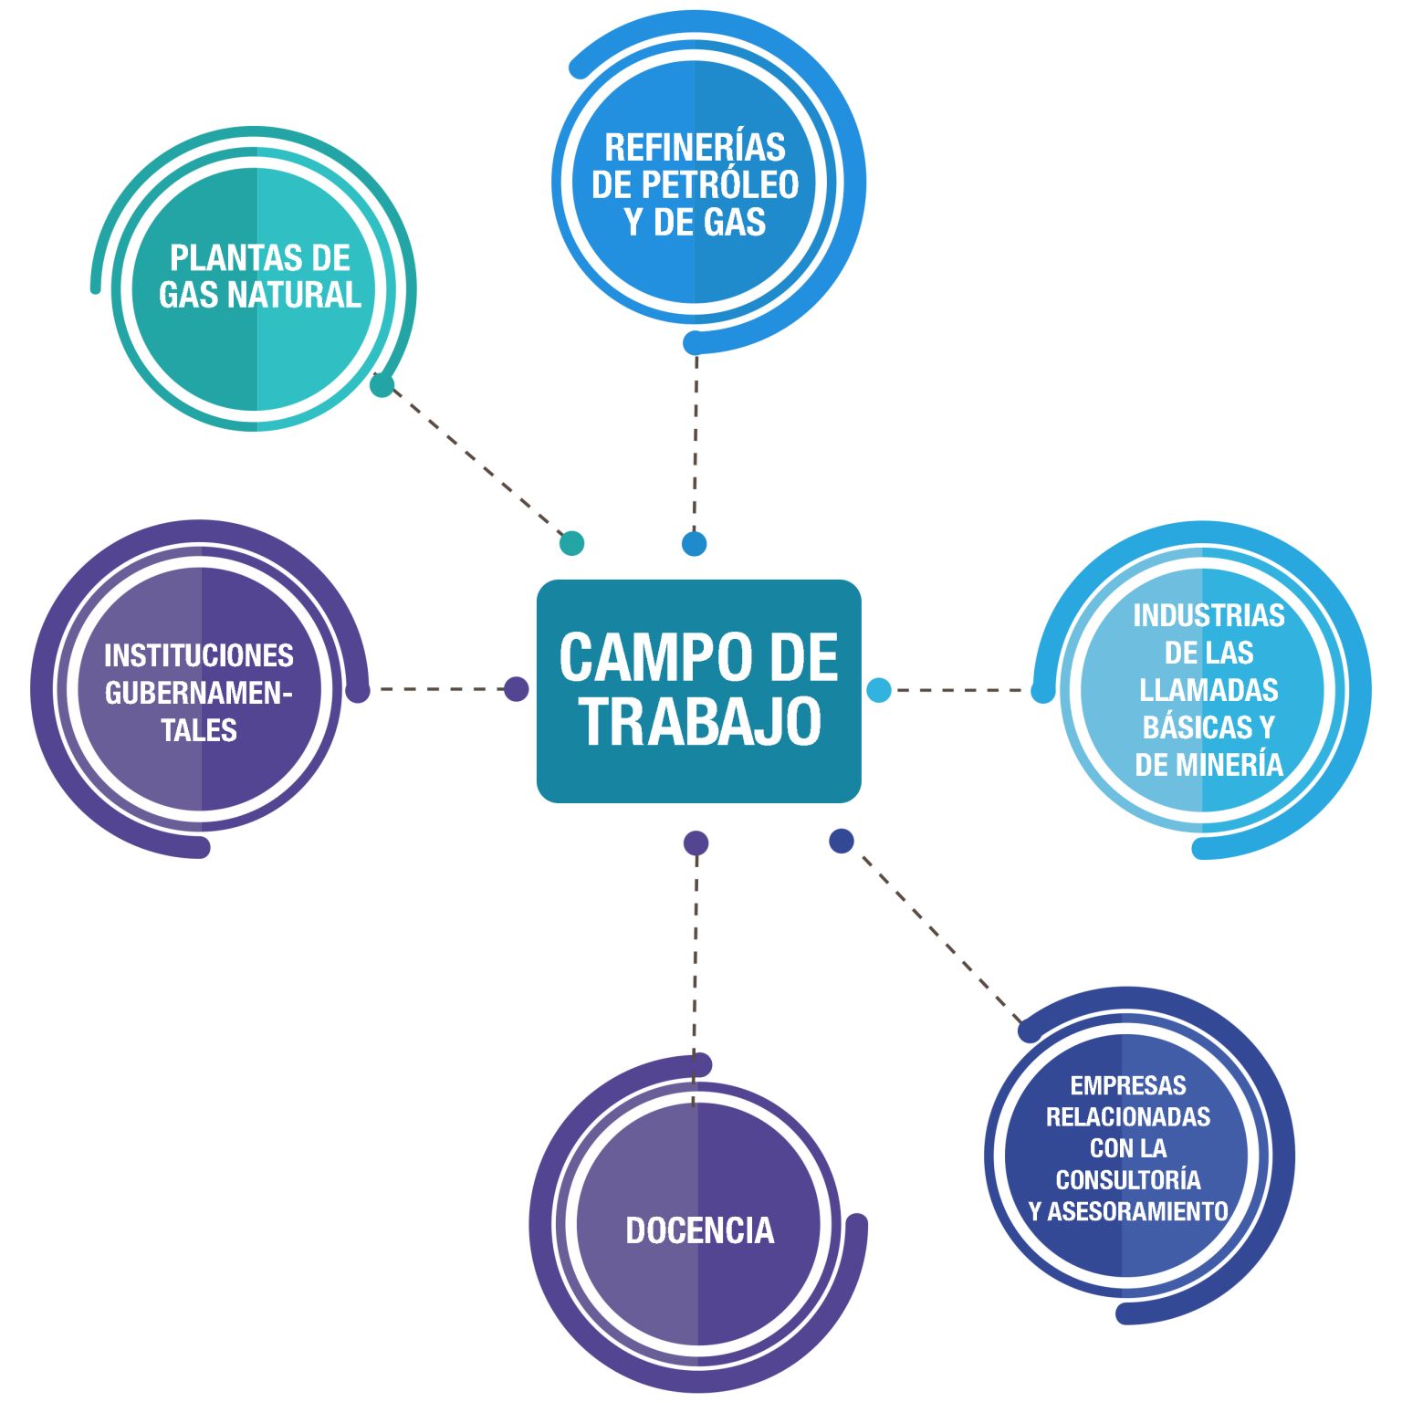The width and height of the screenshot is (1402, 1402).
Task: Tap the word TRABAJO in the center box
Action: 700,721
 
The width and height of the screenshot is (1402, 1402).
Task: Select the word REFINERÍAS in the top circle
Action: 695,148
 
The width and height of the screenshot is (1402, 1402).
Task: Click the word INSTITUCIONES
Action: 199,655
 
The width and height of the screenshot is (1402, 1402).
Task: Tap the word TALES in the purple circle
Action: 199,730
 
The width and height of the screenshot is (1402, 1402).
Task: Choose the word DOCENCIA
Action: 700,1230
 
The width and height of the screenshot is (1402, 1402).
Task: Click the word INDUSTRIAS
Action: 1208,616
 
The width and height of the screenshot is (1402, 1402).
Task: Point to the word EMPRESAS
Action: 1128,1085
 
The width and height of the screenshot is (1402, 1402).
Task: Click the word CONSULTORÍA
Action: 1128,1180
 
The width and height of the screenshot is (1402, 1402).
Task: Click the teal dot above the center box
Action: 571,543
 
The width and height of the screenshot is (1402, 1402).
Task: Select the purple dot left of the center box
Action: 516,689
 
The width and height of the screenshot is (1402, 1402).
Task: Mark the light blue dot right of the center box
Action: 879,690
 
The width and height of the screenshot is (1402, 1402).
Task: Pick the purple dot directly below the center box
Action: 696,842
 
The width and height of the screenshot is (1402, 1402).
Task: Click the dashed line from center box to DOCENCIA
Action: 696,958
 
